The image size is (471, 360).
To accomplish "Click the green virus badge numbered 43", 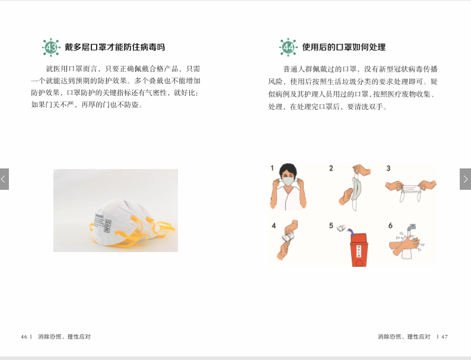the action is [51, 47].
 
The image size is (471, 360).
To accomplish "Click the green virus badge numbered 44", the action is [288, 47].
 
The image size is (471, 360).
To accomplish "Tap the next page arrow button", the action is [465, 179].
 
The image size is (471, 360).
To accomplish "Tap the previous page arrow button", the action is [4, 179].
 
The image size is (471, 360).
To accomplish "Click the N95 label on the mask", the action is [107, 226].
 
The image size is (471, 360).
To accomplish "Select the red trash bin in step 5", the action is [359, 250].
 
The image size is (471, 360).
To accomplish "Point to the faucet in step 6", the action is [410, 228].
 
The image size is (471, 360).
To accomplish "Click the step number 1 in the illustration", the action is [272, 168].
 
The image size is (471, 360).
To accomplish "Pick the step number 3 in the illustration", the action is [389, 168].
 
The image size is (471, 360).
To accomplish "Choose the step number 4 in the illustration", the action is [273, 225].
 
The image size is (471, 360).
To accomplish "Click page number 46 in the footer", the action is [24, 337].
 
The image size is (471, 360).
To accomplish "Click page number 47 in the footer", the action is [444, 337].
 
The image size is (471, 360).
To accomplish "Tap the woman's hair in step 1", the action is [288, 170].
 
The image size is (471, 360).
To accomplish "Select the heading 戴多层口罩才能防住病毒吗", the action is [114, 47].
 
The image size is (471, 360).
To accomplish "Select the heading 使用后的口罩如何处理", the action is [344, 47].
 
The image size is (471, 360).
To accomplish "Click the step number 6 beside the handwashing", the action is [390, 225].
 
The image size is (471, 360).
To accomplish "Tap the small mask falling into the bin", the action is [341, 228].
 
